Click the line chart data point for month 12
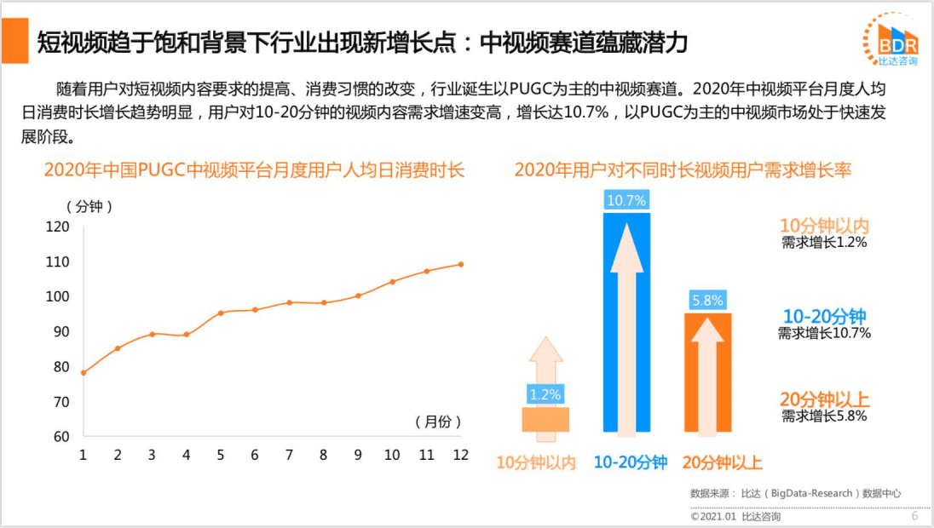[461, 264]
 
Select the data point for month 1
[83, 373]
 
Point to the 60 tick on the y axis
[61, 437]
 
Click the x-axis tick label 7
[289, 455]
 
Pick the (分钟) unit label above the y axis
[89, 206]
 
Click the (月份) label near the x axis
[438, 422]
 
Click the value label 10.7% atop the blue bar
[626, 201]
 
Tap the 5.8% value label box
[707, 301]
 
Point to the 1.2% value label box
[545, 395]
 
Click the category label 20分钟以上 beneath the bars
[723, 463]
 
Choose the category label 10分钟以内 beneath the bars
[537, 463]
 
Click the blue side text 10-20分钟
[824, 316]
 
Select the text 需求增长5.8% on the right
[824, 416]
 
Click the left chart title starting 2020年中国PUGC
[254, 170]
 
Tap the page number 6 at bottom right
[914, 516]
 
